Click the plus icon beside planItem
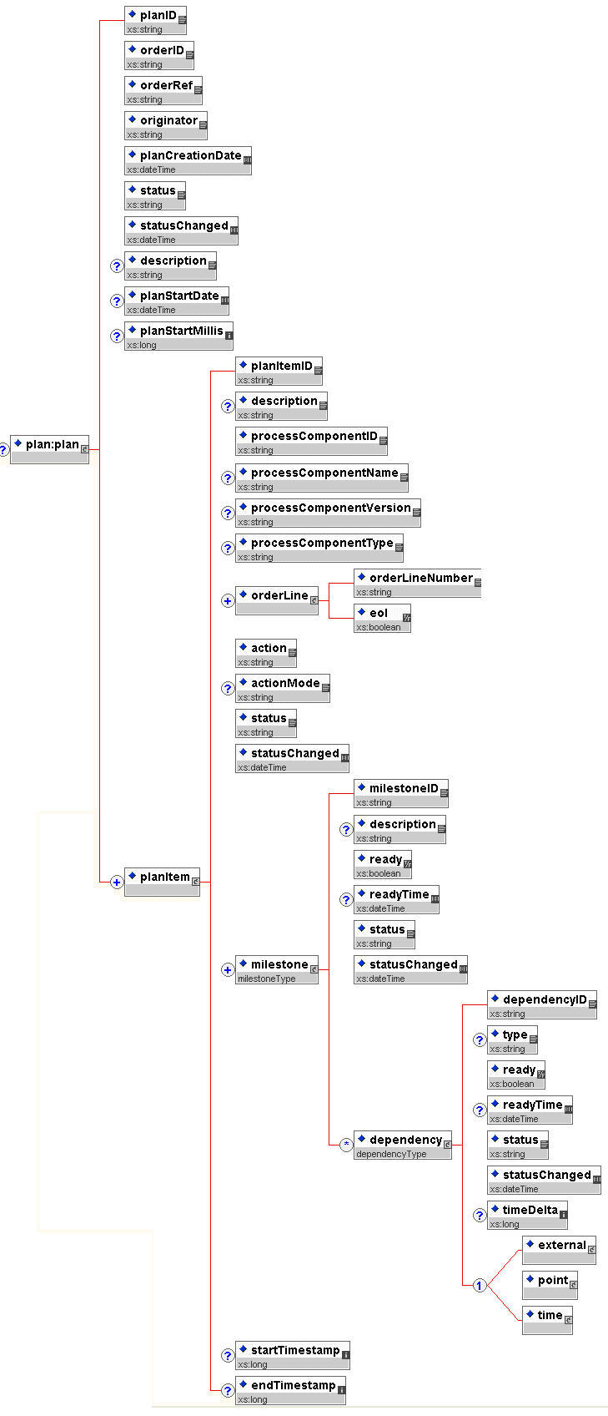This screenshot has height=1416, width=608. point(117,882)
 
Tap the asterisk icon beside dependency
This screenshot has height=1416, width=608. point(346,1145)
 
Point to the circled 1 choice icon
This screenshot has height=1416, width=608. point(480,1285)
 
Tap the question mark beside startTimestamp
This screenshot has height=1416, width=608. point(228,1356)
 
